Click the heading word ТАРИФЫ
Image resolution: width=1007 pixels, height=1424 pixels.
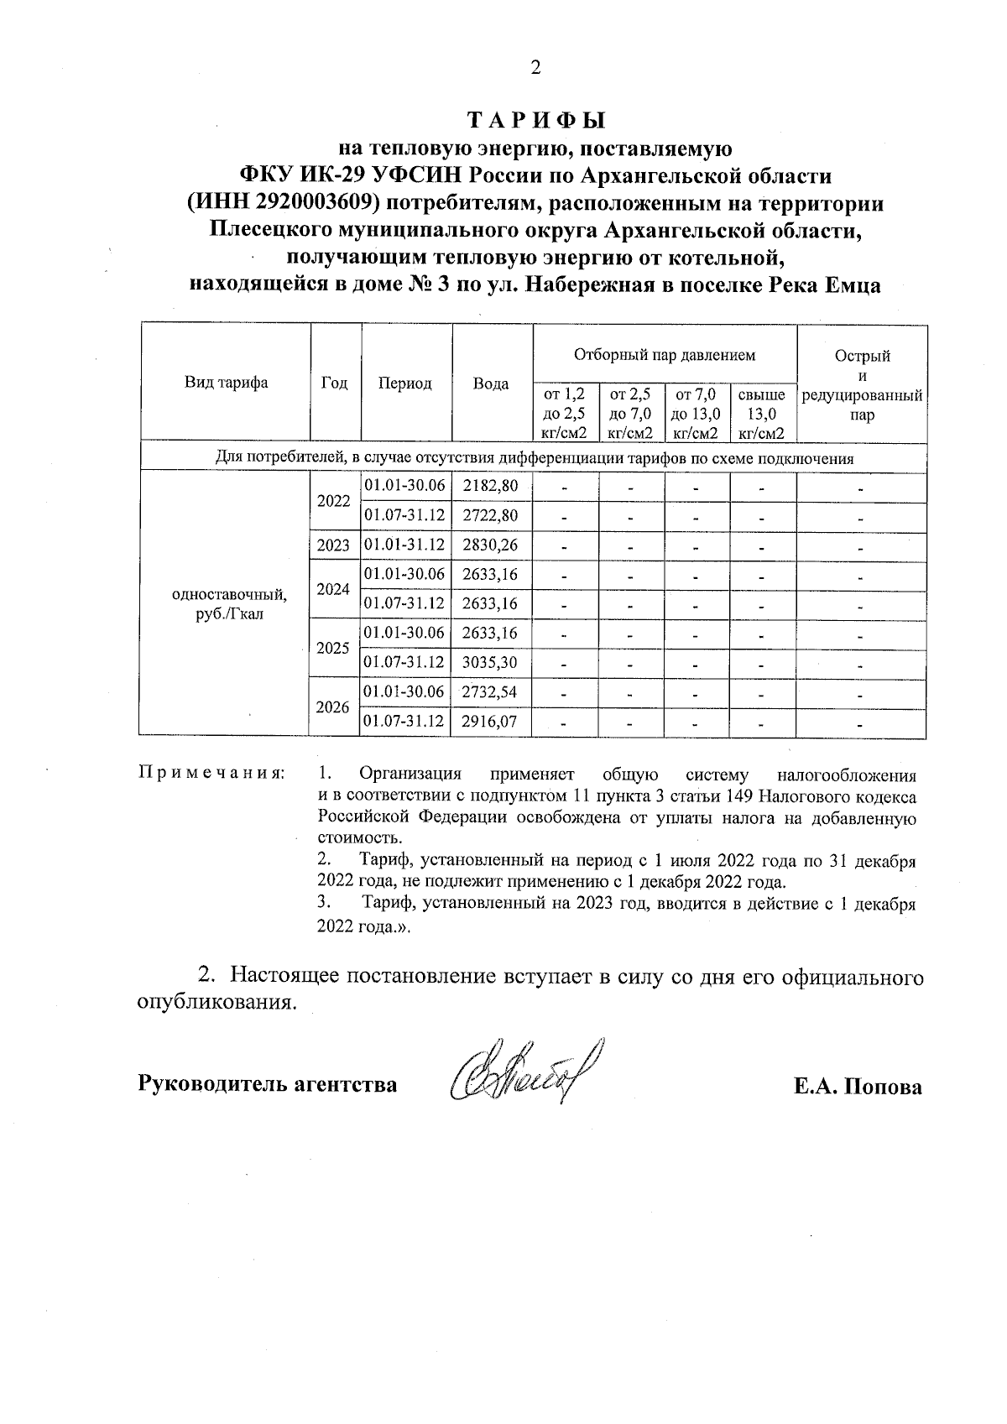pos(535,121)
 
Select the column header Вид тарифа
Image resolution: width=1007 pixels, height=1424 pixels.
pos(226,383)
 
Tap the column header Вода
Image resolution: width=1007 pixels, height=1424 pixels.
pos(491,383)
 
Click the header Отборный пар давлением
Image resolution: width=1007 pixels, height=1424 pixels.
pos(664,355)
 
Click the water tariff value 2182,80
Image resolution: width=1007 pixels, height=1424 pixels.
pos(491,486)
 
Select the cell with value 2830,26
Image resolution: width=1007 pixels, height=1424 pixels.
pos(491,545)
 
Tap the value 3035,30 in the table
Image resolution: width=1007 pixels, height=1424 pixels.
pos(491,662)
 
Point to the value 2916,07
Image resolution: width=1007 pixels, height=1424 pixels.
pos(491,721)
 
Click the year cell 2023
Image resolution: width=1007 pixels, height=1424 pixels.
pos(333,545)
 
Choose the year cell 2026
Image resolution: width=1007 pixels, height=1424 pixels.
pos(333,707)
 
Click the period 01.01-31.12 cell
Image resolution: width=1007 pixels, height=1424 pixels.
pos(404,545)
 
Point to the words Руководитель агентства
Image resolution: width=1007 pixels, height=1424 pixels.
pos(267,1084)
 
